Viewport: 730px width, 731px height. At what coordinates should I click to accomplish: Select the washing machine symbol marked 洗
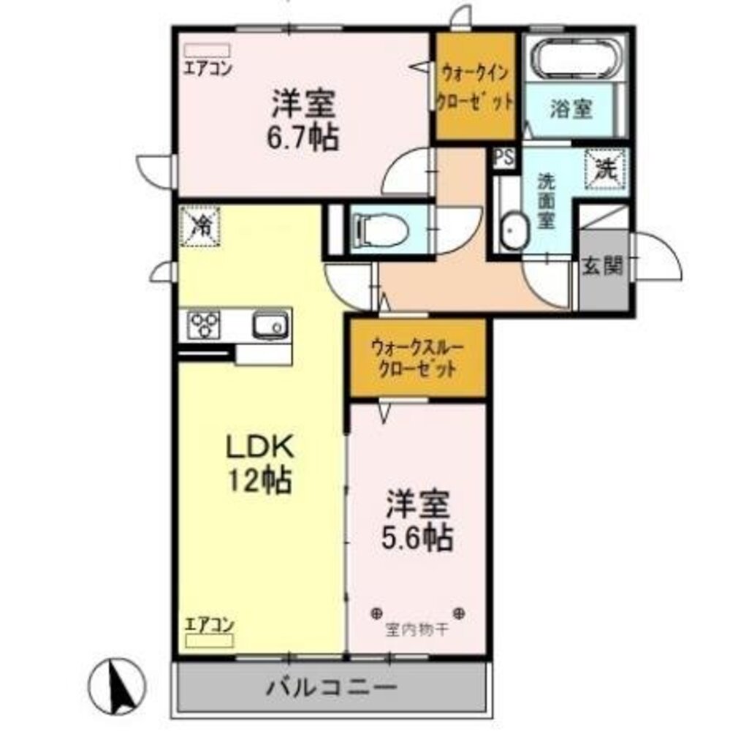point(605,169)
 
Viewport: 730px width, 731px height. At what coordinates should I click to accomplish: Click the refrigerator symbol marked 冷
point(199,227)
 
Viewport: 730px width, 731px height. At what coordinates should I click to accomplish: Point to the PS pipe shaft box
point(504,158)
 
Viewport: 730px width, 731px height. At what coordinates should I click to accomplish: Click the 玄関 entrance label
point(602,267)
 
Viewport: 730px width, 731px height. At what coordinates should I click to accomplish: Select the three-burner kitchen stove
point(204,325)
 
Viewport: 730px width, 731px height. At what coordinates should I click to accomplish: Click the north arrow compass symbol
point(116,686)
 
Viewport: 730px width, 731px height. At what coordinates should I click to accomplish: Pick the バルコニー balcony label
point(332,686)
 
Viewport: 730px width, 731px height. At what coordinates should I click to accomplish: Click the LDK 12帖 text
point(259,463)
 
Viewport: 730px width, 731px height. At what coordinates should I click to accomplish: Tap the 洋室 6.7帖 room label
point(303,121)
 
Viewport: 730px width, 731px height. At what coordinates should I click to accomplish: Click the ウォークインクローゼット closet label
point(474,88)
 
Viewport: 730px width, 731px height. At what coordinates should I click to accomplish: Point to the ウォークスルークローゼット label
point(417,358)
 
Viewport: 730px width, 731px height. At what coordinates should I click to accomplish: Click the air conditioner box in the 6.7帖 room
point(207,50)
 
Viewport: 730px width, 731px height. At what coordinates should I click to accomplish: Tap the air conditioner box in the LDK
point(209,640)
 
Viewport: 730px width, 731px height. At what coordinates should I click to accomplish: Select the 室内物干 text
point(417,631)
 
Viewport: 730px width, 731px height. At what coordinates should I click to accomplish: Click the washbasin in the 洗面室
point(514,231)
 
